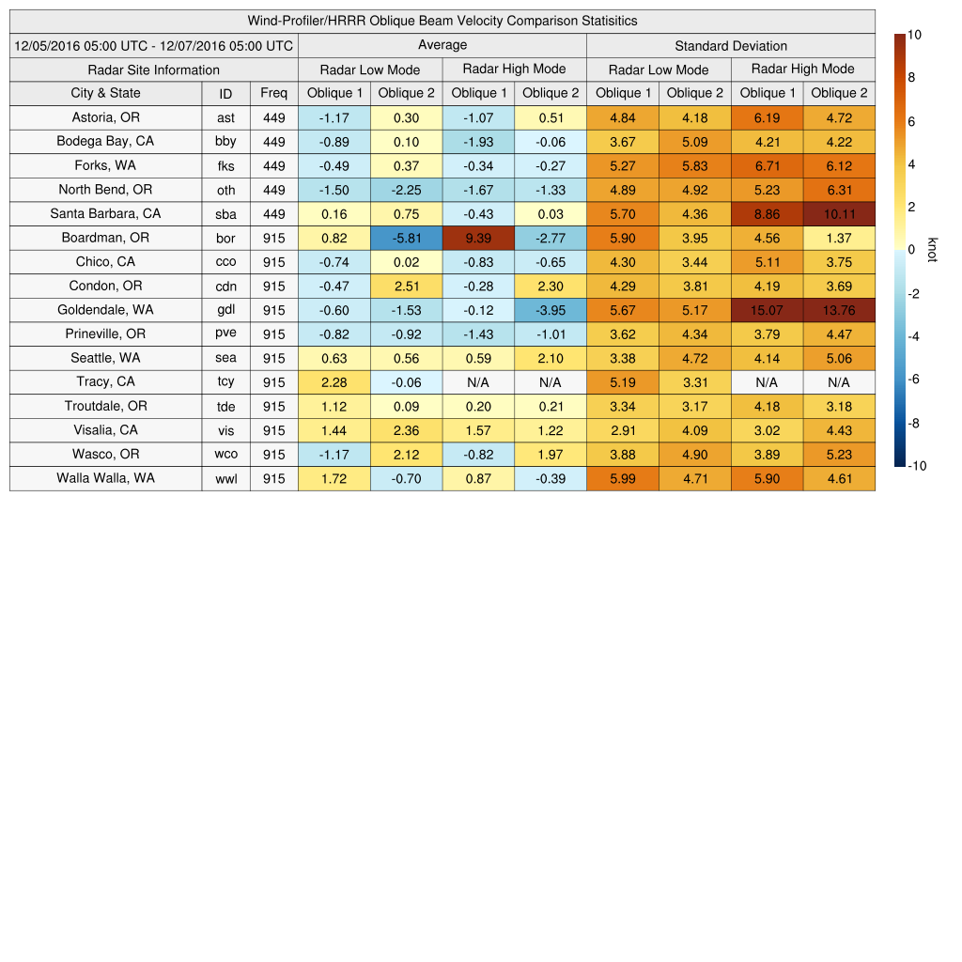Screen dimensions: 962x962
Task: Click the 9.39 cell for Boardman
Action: coord(478,238)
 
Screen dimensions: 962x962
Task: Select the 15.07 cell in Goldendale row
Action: coord(767,310)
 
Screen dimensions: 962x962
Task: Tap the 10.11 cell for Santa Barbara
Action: coord(839,213)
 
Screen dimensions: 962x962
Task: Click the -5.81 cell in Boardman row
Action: coord(406,238)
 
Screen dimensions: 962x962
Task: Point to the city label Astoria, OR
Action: coord(105,116)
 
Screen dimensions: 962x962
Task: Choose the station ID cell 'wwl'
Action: coord(225,478)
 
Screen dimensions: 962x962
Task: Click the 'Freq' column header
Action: coord(274,93)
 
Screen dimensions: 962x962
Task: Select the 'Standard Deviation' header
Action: coord(731,45)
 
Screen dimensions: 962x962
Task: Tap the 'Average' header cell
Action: coord(442,45)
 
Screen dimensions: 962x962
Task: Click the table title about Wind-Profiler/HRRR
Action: coord(442,21)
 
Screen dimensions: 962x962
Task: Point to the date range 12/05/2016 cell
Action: coord(154,45)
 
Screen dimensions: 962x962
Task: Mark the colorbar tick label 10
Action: coord(914,35)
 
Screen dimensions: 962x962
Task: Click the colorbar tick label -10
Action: coord(916,465)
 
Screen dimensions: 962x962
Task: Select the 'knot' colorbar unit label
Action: coord(931,250)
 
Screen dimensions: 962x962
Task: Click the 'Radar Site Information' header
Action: coord(153,70)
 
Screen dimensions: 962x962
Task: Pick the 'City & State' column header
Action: coord(105,93)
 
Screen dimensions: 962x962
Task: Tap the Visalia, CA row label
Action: coord(105,430)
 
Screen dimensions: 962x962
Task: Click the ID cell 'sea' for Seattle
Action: coord(225,358)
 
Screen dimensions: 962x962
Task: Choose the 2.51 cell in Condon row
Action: coord(406,286)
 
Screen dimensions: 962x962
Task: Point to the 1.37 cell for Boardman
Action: coord(839,238)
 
